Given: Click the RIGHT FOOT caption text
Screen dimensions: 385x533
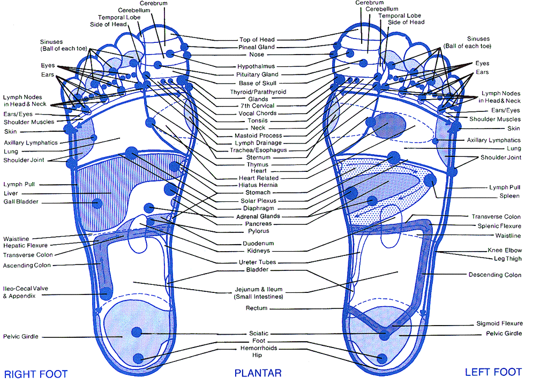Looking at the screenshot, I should click(36, 373).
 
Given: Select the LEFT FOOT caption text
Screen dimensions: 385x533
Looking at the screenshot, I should click(493, 372).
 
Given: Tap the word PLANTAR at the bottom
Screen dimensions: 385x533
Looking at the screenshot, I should click(258, 373).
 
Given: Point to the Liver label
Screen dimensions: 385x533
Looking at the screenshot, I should click(11, 193).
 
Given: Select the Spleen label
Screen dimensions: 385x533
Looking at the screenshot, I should click(509, 196).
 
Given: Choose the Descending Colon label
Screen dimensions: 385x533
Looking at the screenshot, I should click(494, 275).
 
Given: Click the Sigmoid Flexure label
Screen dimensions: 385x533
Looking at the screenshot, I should click(499, 323).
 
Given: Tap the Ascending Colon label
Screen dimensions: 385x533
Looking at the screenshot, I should click(27, 265).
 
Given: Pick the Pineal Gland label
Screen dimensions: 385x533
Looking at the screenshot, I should click(257, 47).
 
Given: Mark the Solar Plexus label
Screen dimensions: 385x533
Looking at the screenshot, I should click(258, 200).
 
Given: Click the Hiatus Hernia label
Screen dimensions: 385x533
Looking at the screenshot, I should click(258, 185).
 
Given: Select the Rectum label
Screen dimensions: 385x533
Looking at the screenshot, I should click(257, 308).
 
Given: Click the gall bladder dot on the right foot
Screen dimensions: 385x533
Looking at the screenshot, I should click(97, 203).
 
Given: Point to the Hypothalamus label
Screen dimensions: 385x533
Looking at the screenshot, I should click(257, 66).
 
